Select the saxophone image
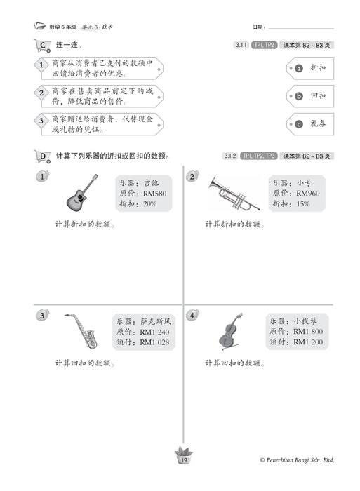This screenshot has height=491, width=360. [81, 332]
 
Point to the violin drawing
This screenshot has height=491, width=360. [230, 331]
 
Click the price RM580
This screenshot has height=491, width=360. [154, 193]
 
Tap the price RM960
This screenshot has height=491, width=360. [308, 193]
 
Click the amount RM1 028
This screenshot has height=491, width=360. [155, 342]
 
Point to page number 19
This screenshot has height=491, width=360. [180, 459]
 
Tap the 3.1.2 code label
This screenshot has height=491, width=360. [230, 156]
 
